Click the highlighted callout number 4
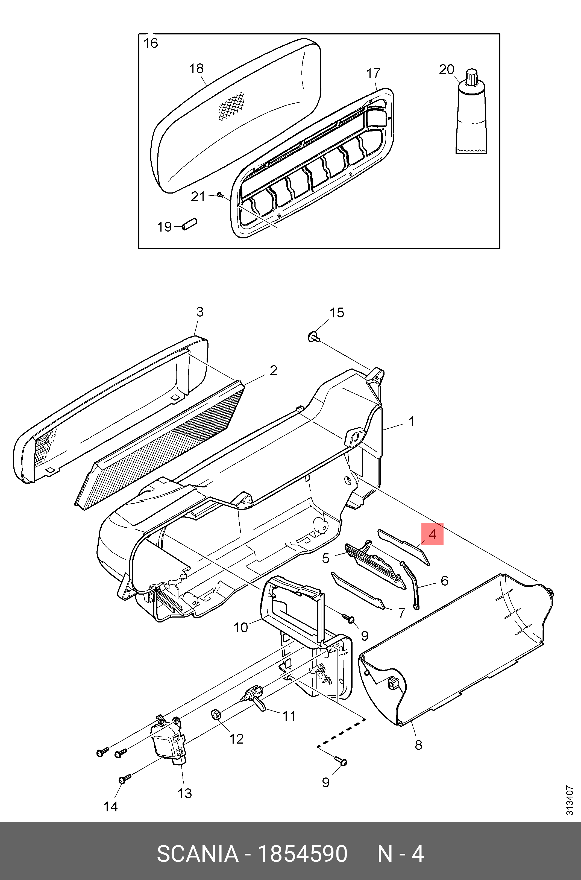pyautogui.click(x=432, y=534)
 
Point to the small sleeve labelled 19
pyautogui.click(x=189, y=224)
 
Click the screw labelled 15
pyautogui.click(x=313, y=337)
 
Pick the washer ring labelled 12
pyautogui.click(x=216, y=714)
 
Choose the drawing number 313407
pyautogui.click(x=569, y=801)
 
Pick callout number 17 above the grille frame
pyautogui.click(x=373, y=73)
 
